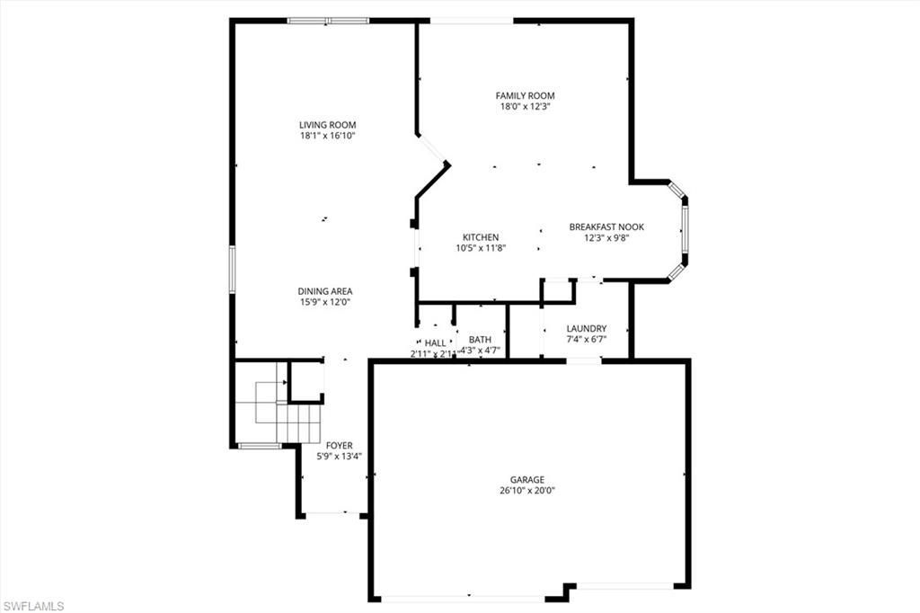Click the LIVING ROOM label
click(328, 125)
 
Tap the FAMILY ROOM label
click(525, 95)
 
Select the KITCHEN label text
click(481, 237)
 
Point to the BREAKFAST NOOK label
click(606, 227)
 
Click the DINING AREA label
click(325, 291)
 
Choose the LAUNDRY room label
click(587, 328)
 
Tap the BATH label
click(480, 340)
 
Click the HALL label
click(435, 342)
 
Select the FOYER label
click(340, 446)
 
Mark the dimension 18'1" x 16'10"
click(328, 137)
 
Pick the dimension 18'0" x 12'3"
click(525, 106)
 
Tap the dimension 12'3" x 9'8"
click(606, 238)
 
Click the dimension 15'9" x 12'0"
click(325, 303)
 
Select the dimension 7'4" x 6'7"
click(587, 340)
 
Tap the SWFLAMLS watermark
click(33, 606)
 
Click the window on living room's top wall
click(328, 20)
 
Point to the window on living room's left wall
click(232, 269)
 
